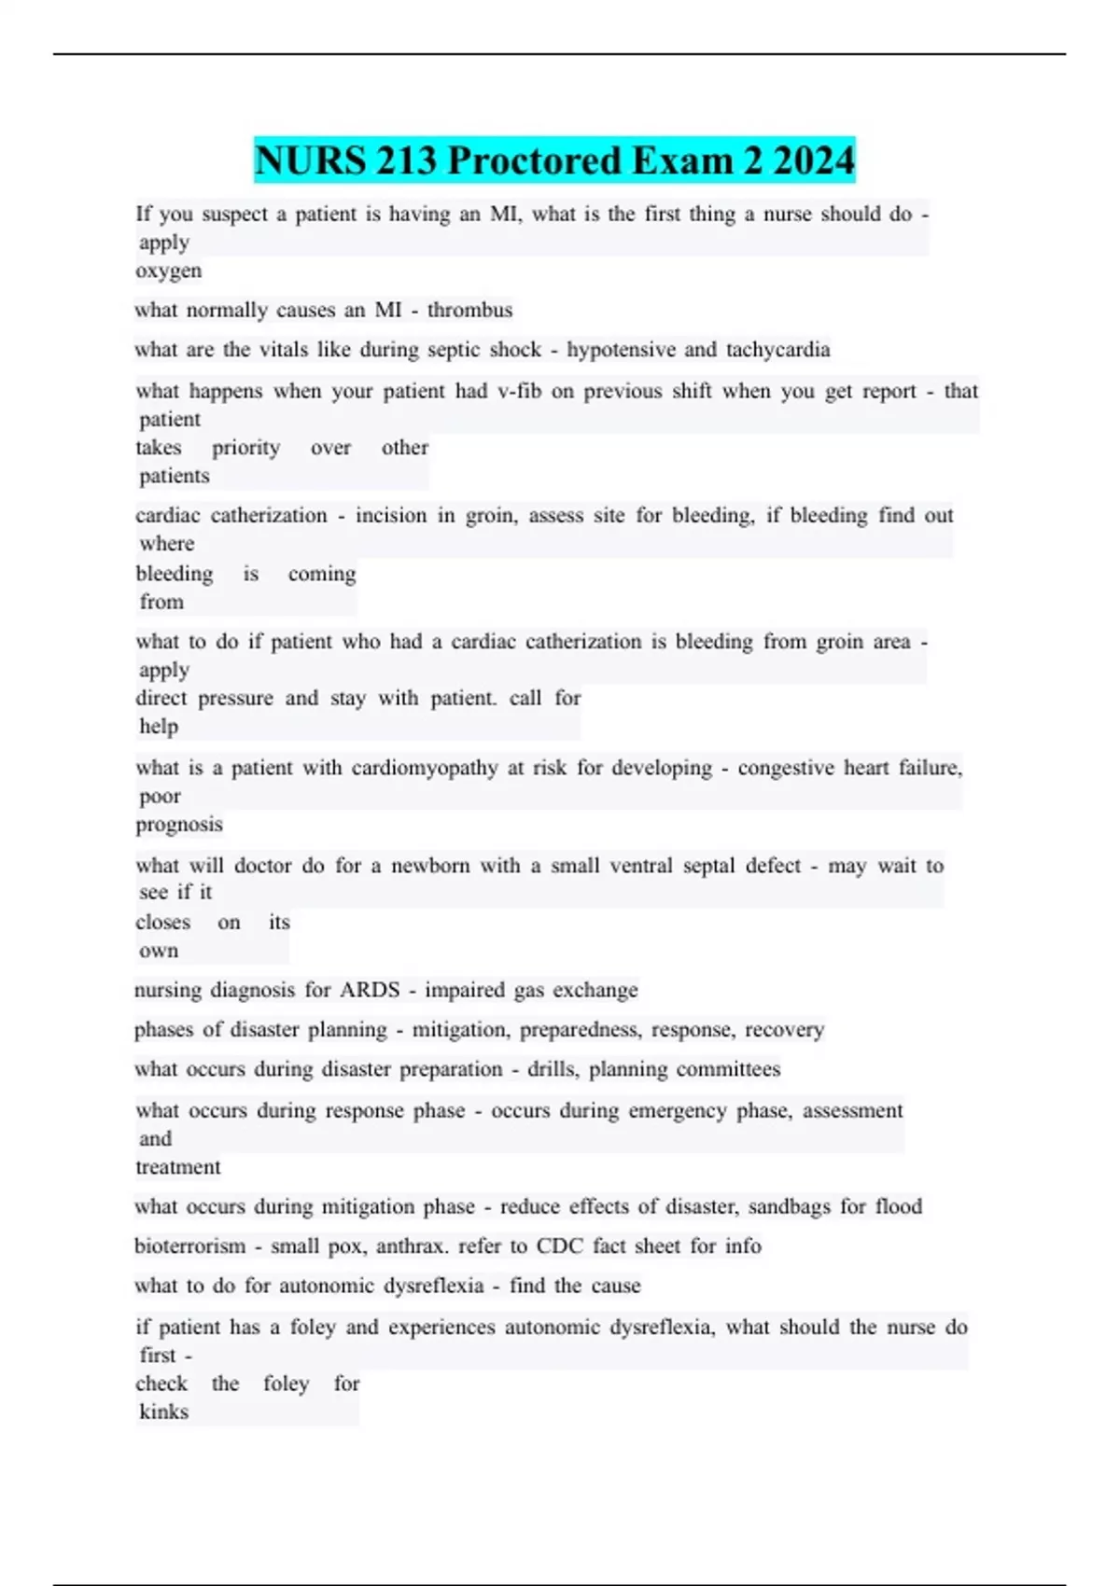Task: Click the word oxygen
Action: pos(168,271)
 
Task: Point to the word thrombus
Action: pos(469,310)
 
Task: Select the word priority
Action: pos(245,448)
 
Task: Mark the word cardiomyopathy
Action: pos(425,768)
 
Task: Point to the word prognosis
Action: pos(179,825)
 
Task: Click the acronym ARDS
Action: pos(370,990)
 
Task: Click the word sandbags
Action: pos(789,1206)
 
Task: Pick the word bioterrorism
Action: pos(190,1246)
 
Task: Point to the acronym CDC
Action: pos(560,1246)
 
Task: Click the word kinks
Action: pos(164,1412)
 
